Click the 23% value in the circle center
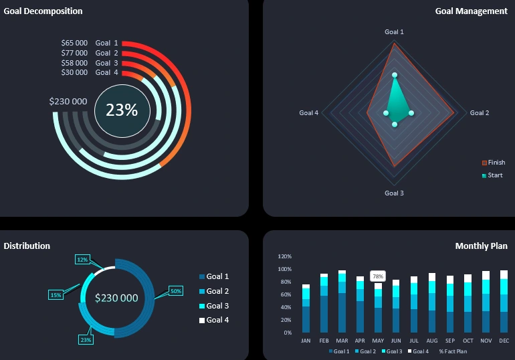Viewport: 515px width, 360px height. click(121, 110)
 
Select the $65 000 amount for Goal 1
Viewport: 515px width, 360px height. click(74, 43)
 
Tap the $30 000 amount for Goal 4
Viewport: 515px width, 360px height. click(74, 72)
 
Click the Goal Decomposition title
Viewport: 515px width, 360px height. click(43, 11)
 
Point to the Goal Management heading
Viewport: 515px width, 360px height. click(471, 11)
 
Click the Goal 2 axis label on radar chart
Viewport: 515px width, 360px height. click(479, 113)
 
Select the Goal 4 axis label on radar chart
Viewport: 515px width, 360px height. click(308, 113)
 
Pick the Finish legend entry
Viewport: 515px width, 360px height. click(496, 163)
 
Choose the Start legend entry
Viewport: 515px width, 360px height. click(494, 175)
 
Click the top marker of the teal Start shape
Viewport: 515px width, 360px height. click(395, 75)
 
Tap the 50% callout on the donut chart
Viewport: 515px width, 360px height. click(176, 291)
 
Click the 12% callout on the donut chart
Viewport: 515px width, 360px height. click(83, 260)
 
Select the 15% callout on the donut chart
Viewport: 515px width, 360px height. click(56, 295)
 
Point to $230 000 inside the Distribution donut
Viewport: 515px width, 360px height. click(116, 298)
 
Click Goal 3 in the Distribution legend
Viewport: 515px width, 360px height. click(217, 306)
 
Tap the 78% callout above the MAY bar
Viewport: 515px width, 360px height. click(378, 276)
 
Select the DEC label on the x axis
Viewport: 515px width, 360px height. click(504, 341)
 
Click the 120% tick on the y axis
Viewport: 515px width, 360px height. click(284, 256)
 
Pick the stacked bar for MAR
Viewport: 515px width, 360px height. click(342, 302)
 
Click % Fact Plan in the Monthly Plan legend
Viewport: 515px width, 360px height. click(453, 351)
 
